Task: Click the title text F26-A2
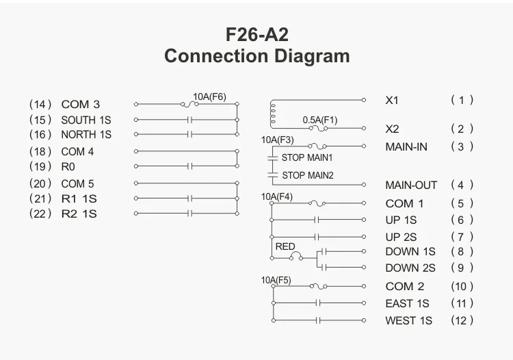coord(256,34)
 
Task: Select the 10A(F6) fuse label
coord(209,97)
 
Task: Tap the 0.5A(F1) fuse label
coord(320,120)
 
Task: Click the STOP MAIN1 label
coord(307,157)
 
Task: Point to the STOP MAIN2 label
coord(307,175)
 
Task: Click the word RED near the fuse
coord(285,246)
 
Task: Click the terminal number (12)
coord(462,320)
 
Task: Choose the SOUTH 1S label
coord(86,120)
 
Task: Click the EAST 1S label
coord(407,303)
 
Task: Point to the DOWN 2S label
coord(410,268)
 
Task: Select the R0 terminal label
coord(68,166)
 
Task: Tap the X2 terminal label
coord(392,129)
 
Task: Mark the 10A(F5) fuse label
coord(276,280)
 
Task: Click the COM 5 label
coord(77,183)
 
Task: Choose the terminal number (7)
coord(462,237)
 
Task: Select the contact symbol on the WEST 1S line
coord(318,320)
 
